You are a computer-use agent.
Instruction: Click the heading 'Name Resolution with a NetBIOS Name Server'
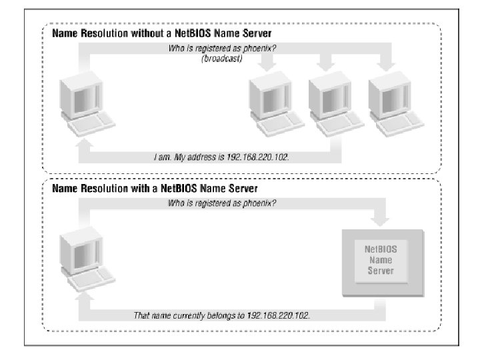(x=155, y=189)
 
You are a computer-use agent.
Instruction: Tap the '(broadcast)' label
(x=221, y=59)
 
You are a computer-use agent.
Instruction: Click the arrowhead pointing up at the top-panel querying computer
(x=83, y=143)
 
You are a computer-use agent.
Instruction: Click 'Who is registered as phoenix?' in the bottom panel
(x=221, y=203)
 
